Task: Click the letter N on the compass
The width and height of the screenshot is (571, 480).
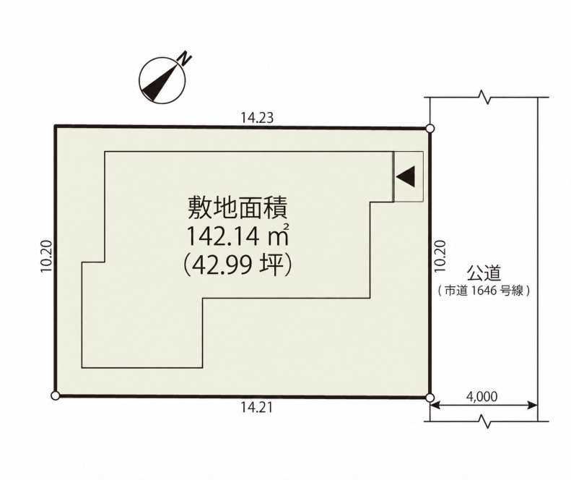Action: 186,59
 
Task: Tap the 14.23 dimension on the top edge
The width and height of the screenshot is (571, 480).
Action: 257,118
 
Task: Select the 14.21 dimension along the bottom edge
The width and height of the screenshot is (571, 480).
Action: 256,408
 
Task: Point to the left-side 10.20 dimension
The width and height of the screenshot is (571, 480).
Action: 46,256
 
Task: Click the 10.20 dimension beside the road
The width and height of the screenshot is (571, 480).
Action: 440,256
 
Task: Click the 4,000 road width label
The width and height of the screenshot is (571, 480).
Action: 481,396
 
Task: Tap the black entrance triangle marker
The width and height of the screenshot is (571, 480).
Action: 406,176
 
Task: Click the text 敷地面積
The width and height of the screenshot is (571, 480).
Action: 237,208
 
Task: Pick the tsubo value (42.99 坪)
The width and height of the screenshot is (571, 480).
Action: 237,265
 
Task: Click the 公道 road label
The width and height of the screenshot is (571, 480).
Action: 483,273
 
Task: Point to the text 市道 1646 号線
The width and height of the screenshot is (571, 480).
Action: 484,291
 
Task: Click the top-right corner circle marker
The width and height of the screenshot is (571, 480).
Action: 430,129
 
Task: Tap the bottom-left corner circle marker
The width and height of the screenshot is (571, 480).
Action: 56,395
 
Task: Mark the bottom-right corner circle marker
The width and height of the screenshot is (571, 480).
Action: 430,398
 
